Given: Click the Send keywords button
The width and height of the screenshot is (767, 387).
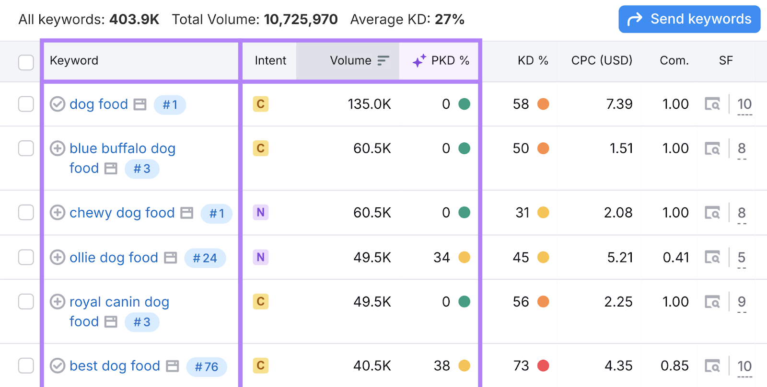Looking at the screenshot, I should click(689, 19).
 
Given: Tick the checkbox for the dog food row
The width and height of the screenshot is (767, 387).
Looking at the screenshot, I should click(26, 104).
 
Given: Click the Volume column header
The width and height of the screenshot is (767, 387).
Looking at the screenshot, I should click(350, 61).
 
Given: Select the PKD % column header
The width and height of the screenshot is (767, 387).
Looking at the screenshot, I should click(441, 61).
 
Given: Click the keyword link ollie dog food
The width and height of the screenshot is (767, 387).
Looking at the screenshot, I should click(114, 258).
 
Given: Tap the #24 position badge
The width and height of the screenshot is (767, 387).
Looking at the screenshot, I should click(205, 258).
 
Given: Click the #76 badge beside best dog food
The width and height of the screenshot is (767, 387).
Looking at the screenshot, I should click(206, 367).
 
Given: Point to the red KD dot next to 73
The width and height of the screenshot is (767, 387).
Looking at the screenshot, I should click(543, 366).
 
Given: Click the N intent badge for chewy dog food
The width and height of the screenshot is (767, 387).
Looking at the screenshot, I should click(261, 212).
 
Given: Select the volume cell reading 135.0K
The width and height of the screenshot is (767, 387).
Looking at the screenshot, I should click(369, 104).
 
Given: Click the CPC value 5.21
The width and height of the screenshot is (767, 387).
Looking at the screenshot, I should click(620, 258).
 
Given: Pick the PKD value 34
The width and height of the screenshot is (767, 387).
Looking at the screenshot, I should click(442, 258).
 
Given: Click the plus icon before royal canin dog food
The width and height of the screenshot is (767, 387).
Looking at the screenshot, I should click(58, 302).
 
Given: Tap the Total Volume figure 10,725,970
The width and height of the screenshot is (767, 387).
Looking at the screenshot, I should click(301, 20).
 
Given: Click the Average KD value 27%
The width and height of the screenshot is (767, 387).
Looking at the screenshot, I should click(449, 20).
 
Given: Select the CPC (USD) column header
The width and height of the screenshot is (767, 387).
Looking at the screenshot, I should click(602, 61).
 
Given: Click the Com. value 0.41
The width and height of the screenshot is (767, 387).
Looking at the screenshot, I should click(675, 258).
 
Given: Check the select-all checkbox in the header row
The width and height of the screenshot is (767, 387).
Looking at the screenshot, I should click(26, 62).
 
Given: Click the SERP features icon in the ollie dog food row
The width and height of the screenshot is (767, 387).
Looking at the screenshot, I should click(712, 258).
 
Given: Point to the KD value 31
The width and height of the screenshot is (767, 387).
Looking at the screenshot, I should click(522, 213).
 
